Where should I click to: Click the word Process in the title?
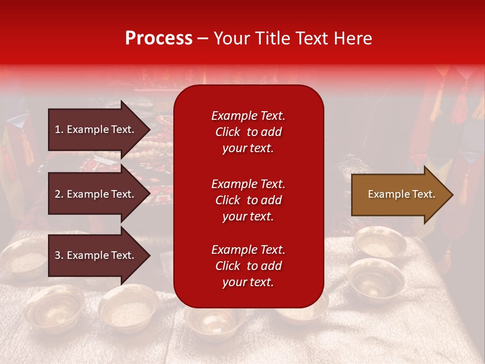[x=159, y=38]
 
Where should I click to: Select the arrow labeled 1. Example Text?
[x=96, y=129]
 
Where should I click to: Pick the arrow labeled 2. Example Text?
[x=96, y=194]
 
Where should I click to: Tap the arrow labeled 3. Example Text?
[x=96, y=255]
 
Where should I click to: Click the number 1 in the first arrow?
[x=58, y=129]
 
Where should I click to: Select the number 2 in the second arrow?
[x=58, y=194]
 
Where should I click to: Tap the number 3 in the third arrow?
[x=58, y=255]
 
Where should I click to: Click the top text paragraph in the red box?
[x=248, y=132]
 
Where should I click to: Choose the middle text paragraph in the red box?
[x=248, y=200]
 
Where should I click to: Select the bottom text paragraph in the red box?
[x=248, y=266]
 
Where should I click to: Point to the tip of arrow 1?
[x=149, y=129]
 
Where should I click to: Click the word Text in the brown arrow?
[x=423, y=194]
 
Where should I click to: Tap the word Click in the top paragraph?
[x=228, y=132]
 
